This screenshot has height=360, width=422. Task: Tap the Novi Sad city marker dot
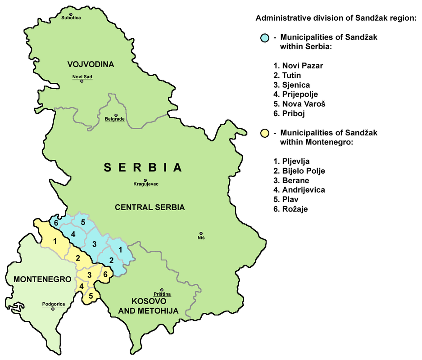click(x=82, y=81)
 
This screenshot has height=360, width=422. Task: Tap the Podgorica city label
click(x=53, y=304)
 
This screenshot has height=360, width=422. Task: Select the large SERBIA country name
click(x=143, y=168)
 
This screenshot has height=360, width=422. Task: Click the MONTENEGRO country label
click(x=42, y=279)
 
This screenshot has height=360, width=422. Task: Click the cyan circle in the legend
click(x=265, y=37)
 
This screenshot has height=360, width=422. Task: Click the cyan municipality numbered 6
click(x=56, y=223)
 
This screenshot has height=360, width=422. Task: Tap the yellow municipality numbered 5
click(x=91, y=296)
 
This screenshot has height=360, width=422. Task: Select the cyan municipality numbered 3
click(x=94, y=244)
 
